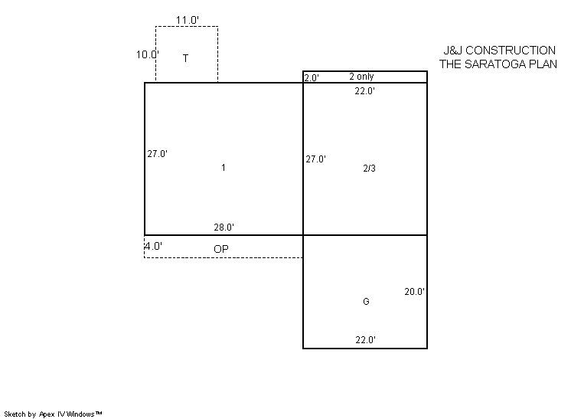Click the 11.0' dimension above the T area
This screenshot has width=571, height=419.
click(188, 20)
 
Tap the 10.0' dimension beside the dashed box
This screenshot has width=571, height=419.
click(148, 54)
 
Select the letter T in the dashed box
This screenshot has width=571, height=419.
click(186, 58)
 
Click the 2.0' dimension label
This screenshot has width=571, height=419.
click(312, 77)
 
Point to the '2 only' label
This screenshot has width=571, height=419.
click(361, 77)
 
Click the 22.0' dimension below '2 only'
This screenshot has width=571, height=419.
click(365, 91)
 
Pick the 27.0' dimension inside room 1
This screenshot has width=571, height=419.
click(158, 154)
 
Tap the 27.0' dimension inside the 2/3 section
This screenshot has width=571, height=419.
click(315, 159)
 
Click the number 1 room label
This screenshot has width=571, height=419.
click(224, 168)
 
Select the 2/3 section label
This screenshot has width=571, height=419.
click(369, 169)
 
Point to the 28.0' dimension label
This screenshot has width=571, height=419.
click(224, 228)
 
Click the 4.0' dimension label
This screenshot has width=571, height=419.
click(153, 247)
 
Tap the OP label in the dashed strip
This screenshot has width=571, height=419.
click(221, 249)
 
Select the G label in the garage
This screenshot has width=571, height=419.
click(366, 301)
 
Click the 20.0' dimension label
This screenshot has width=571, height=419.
click(414, 292)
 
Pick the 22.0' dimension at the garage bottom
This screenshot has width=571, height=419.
click(366, 340)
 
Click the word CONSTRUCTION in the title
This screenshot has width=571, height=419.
click(511, 51)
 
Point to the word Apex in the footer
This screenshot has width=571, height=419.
click(46, 414)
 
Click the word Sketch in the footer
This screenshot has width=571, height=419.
click(15, 414)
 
